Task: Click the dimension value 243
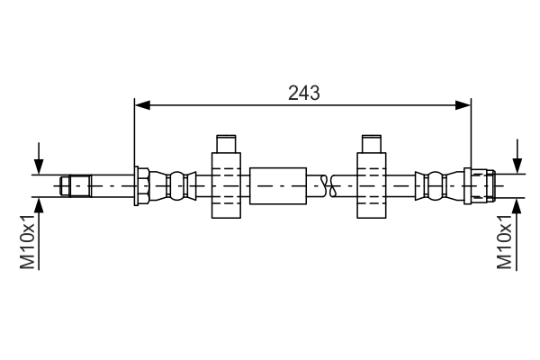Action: click(304, 92)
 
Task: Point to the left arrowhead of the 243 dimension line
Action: click(140, 105)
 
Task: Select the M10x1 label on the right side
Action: click(505, 241)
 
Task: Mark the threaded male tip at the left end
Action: click(76, 186)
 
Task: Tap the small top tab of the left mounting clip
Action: click(226, 144)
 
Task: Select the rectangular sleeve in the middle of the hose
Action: click(279, 186)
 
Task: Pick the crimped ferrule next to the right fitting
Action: click(432, 186)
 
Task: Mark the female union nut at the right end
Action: click(481, 186)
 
